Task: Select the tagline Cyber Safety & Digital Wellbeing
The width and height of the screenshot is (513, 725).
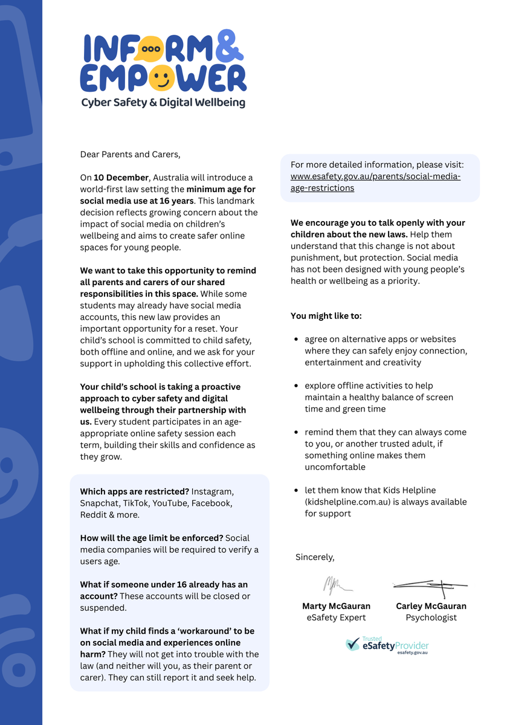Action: [163, 103]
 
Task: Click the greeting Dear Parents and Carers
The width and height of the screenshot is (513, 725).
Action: [130, 154]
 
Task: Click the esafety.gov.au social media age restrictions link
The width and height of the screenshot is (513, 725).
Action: [375, 182]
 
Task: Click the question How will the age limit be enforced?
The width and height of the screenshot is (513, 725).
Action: [152, 538]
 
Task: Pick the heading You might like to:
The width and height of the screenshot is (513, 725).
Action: [326, 315]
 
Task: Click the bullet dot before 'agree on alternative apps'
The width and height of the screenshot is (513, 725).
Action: [295, 340]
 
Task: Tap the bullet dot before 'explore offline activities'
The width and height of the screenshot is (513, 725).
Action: [295, 386]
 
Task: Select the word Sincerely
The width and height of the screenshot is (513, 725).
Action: [315, 556]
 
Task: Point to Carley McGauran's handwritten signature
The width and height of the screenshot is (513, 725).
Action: [430, 584]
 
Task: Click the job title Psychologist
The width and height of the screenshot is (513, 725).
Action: [431, 617]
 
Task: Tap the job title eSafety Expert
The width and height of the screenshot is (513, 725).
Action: [336, 617]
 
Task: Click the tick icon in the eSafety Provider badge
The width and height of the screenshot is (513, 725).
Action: [352, 645]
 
